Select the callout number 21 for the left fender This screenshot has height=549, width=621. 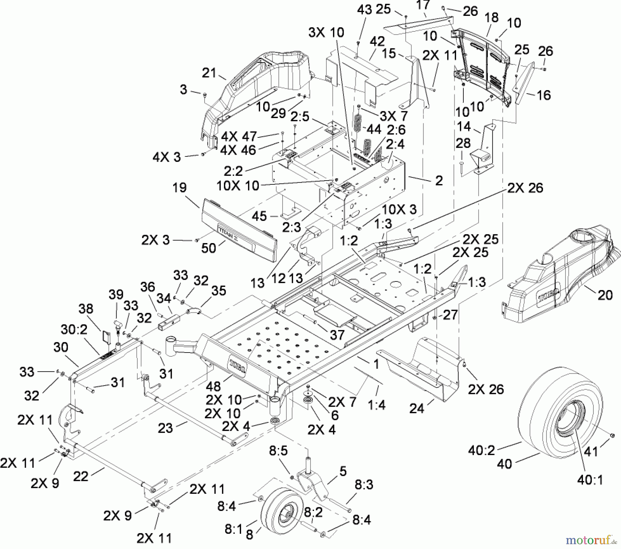[209, 73]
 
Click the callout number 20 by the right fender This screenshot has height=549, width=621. [604, 295]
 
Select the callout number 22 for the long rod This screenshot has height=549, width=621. [82, 476]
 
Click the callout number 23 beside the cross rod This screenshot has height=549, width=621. [165, 428]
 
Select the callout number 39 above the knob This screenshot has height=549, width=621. [116, 295]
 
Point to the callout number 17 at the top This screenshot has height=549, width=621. [423, 5]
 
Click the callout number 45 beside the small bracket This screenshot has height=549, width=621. [259, 216]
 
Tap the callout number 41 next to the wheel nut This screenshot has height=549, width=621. [592, 451]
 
